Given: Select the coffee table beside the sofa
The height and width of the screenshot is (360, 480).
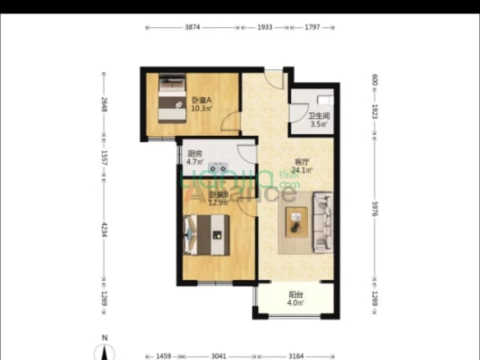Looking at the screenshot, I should coord(297,221).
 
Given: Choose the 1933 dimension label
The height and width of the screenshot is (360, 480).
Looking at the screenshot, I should coord(265,28).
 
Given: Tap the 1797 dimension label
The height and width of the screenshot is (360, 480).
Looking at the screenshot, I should coord(311,28).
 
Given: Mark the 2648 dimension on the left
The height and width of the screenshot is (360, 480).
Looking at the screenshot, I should coord(104,105).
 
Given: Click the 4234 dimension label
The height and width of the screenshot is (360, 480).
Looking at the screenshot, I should coord(104,229).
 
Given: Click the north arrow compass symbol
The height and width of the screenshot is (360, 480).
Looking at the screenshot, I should coord(105,347).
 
